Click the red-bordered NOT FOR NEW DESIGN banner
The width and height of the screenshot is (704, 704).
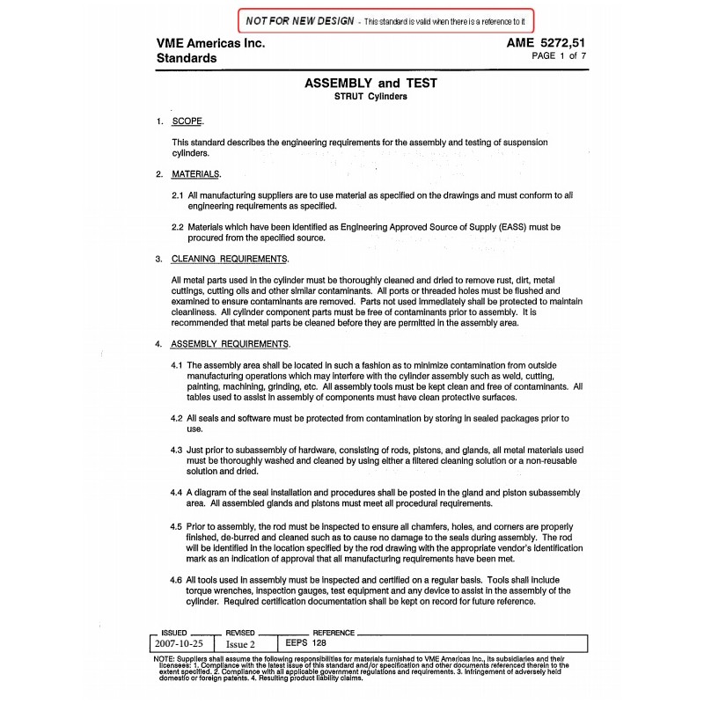(x=385, y=19)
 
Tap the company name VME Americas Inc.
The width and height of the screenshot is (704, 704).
(x=210, y=43)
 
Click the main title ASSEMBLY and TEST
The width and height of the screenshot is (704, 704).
(x=370, y=84)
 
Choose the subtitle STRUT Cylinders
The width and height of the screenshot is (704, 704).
(x=370, y=97)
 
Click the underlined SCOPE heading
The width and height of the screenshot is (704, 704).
(x=187, y=121)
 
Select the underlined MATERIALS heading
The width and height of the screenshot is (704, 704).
(x=195, y=173)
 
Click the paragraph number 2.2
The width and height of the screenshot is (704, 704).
(x=177, y=226)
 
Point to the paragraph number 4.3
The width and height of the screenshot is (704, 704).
(x=177, y=449)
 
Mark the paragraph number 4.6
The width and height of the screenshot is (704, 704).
(x=177, y=581)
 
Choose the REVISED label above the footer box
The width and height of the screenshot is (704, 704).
(x=240, y=633)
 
